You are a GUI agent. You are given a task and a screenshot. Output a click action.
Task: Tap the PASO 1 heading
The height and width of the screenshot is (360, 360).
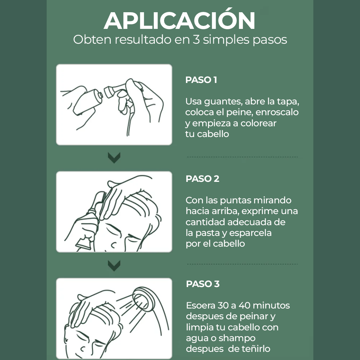click(201, 80)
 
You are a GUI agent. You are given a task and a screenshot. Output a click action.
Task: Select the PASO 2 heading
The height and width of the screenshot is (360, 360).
click(202, 179)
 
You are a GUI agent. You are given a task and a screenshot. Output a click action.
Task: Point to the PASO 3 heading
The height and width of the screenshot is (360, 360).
click(203, 284)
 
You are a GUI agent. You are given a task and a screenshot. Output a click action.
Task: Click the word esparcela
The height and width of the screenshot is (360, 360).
click(250, 233)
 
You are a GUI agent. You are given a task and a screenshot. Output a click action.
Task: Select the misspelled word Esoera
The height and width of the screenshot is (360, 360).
click(201, 306)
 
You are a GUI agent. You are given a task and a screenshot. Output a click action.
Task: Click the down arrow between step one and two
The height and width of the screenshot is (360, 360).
click(114, 158)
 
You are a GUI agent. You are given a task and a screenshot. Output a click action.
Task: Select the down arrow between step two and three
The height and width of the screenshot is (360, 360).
click(114, 266)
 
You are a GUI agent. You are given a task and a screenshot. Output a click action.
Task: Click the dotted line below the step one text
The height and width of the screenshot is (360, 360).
click(242, 157)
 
